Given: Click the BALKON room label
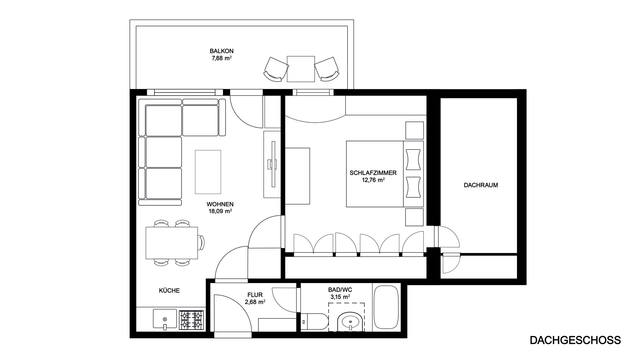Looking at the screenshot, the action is click(221, 51).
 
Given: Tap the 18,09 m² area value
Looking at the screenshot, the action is click(219, 211).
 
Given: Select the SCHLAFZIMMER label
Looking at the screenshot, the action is click(373, 173).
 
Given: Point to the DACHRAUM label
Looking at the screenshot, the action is click(481, 185).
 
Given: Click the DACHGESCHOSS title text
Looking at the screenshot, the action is click(575, 340).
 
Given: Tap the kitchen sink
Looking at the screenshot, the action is click(165, 319).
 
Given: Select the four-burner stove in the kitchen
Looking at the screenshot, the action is click(191, 320).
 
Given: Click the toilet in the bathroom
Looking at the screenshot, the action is click(314, 321).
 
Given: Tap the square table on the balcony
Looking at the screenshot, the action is click(301, 69).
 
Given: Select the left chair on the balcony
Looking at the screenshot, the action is click(276, 69).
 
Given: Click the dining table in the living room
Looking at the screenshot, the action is click(172, 243).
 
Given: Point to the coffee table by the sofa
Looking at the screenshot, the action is click(208, 172).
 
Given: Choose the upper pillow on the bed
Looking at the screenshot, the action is click(413, 160).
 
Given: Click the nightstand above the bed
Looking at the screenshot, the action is click(414, 130).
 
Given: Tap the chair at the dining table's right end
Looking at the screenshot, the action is click(201, 243).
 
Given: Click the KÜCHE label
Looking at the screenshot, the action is click(169, 291).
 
